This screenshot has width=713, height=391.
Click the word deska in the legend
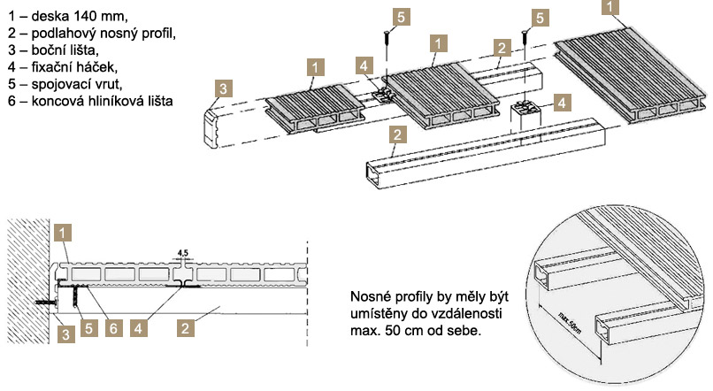coord(47,17)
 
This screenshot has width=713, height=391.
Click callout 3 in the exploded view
coord(225,88)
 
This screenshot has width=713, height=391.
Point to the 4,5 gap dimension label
coord(183,252)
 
